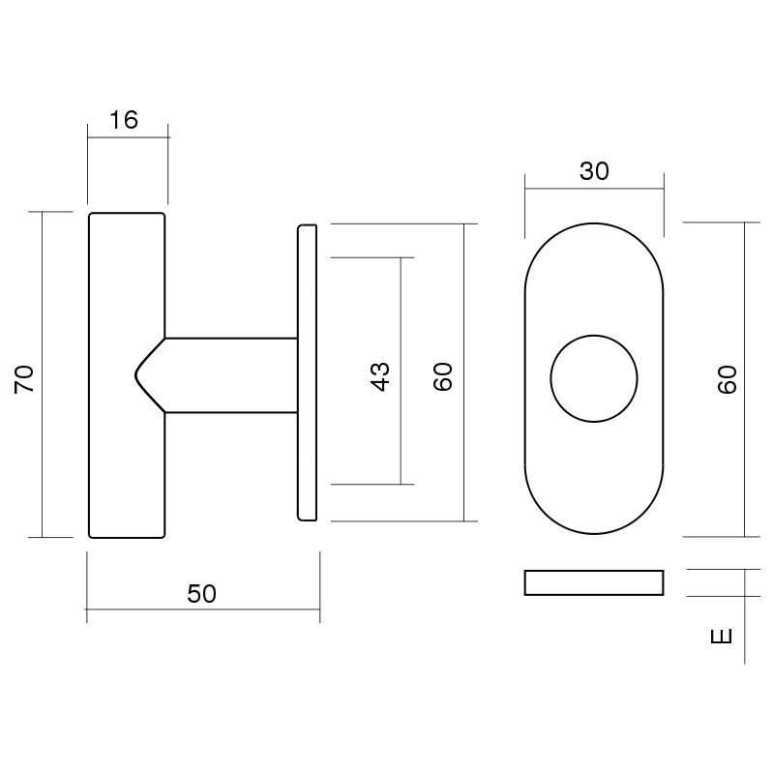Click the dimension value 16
[125, 120]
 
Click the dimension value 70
[25, 377]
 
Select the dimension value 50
[202, 594]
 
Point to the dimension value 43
[380, 375]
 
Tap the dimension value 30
[594, 171]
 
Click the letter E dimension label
[722, 637]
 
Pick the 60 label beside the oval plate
[728, 377]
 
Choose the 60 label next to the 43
[443, 376]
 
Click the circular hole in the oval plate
[594, 378]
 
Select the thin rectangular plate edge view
[594, 582]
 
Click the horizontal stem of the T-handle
[232, 375]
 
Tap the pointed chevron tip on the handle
[135, 374]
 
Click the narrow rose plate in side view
[307, 372]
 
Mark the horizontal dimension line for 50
[145, 609]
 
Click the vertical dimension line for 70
[44, 290]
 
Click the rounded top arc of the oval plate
[594, 223]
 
